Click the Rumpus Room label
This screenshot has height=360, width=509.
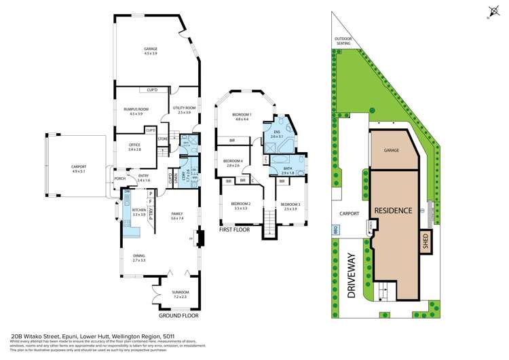coord(136,109)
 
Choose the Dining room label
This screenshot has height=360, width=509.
coord(139,257)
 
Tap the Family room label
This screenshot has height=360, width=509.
coord(177,215)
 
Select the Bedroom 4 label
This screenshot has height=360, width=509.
coord(233,162)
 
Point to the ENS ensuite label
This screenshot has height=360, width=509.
coord(276,134)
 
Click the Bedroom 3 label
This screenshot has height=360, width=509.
coord(290,206)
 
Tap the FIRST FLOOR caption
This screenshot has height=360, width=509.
coord(234,230)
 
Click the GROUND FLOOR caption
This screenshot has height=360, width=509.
coord(179,316)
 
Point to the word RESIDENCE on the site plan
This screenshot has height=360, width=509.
coord(394,211)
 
